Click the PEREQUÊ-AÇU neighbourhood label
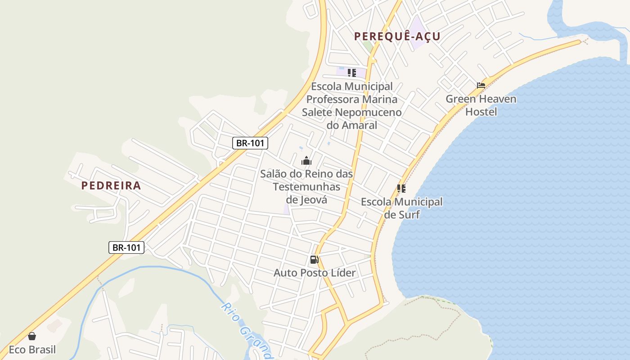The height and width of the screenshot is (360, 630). pos(397,36)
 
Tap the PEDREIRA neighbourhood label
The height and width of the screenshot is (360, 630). pos(111,185)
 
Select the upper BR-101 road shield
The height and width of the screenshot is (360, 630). pos(250,143)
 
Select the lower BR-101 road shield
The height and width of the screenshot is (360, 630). pos(126,247)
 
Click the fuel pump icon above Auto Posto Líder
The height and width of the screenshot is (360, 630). pos(314,260)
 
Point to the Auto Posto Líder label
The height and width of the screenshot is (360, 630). pos(315,273)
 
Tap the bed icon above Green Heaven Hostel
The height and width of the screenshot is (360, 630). pos(481,85)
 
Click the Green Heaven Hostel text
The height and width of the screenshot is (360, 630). pos(481,105)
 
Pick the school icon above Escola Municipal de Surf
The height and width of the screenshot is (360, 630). pos(401,189)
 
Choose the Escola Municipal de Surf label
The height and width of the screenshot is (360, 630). pos(401,208)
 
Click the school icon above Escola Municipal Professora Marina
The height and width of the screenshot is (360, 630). pos(352,72)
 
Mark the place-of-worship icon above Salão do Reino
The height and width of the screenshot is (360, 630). pos(306,161)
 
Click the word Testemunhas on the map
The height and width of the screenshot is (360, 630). pos(306,186)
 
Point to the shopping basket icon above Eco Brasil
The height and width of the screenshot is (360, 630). pos(32,336)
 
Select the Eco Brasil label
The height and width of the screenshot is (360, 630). pos(32,350)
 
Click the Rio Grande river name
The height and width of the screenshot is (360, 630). pos(247,331)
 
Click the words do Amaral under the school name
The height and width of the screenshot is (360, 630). pos(352,125)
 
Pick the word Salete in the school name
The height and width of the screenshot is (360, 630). pos(318,112)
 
